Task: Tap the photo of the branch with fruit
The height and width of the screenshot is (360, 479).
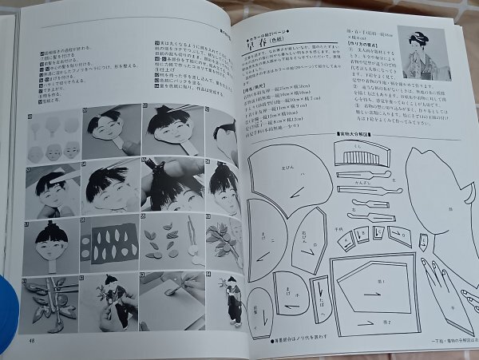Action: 223,243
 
